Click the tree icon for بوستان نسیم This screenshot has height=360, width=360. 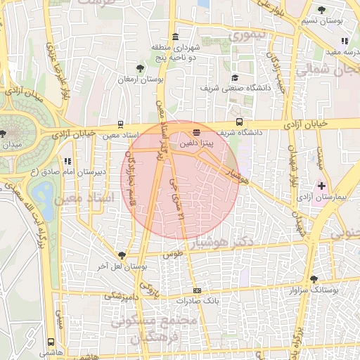[322, 10]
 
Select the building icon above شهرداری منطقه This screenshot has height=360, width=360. [174, 37]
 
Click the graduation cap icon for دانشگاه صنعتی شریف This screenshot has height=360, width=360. [235, 77]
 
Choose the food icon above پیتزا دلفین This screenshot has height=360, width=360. [196, 131]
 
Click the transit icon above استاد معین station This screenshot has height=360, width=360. [121, 123]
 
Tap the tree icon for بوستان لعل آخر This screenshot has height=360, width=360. [122, 256]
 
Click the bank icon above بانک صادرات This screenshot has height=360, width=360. [197, 290]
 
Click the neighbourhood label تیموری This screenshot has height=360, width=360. [252, 34]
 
